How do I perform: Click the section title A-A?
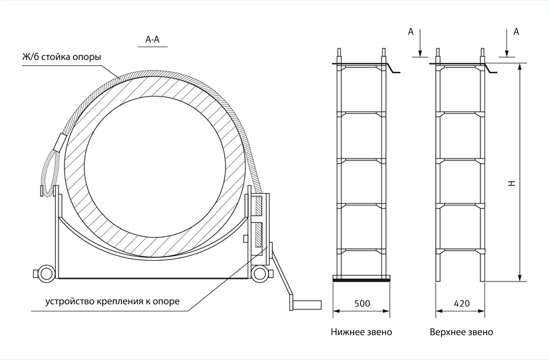152,40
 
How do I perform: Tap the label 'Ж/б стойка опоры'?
61,57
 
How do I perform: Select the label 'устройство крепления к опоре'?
112,301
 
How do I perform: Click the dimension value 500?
362,303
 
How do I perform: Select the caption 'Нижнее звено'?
361,331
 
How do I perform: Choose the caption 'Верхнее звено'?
462,331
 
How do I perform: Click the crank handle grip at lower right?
305,305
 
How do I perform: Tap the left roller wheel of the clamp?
46,273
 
